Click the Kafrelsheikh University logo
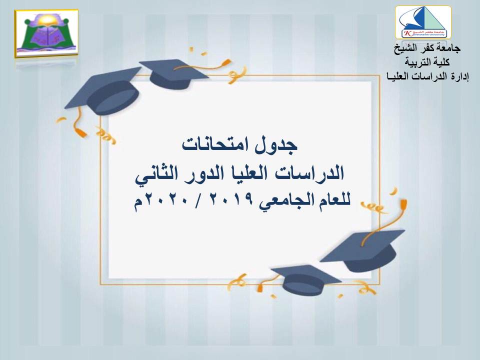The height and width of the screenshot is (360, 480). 423,22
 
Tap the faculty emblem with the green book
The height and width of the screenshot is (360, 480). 46,33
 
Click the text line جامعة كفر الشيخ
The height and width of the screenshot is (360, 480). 427,48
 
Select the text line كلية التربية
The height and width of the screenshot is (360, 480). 427,62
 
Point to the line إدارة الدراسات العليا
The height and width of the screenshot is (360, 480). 427,76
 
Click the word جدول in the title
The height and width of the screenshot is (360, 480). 276,145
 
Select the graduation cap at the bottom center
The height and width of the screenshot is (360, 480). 306,279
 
